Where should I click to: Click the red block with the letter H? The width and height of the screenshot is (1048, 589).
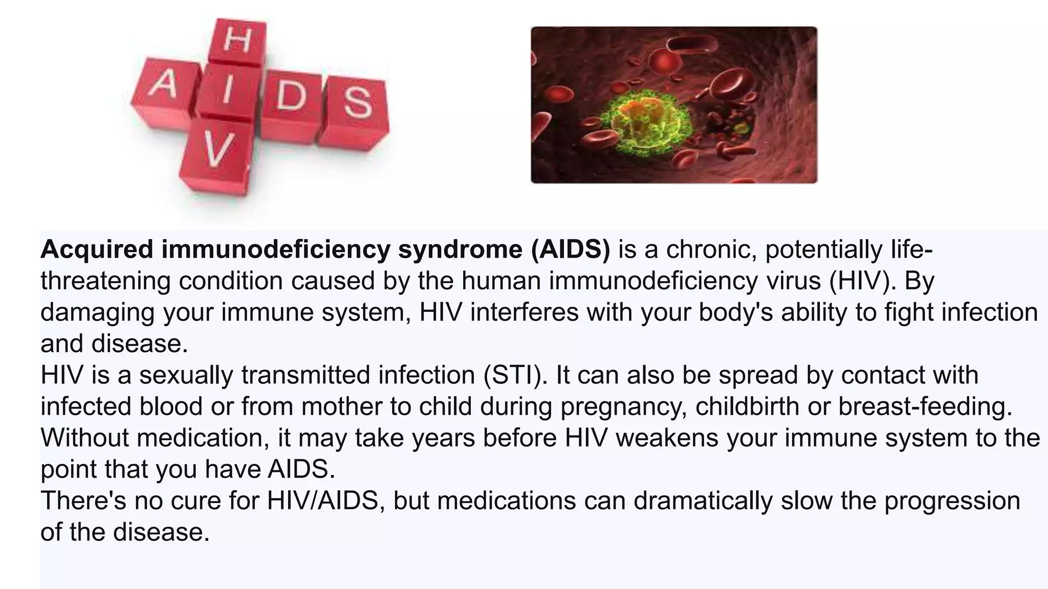click(x=238, y=42)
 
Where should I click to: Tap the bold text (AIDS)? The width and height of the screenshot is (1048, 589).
click(x=571, y=250)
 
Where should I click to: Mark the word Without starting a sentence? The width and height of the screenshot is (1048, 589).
click(x=84, y=438)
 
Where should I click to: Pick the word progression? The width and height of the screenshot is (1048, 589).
click(x=952, y=501)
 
